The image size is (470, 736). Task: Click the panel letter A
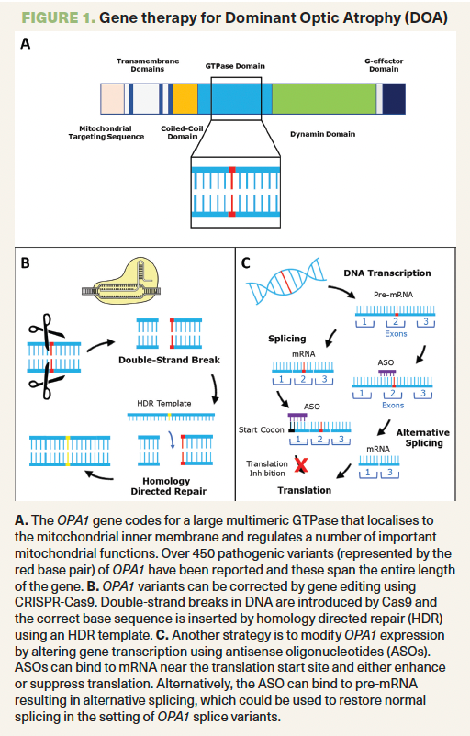[x=26, y=44]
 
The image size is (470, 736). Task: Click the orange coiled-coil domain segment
[x=185, y=98]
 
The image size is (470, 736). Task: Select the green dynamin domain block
[x=324, y=98]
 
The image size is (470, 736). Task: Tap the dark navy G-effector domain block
[x=394, y=98]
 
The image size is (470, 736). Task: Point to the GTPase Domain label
[x=235, y=66]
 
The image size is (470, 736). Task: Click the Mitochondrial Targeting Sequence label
[x=106, y=133]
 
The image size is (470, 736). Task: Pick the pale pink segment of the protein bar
[x=113, y=98]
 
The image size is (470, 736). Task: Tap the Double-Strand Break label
[x=169, y=360]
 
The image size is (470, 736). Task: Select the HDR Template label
[x=164, y=403]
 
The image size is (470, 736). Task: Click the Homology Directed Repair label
[x=169, y=486]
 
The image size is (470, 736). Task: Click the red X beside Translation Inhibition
[x=301, y=464]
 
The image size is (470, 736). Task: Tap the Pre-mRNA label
[x=394, y=295]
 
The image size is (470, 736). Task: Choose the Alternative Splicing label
[x=423, y=438]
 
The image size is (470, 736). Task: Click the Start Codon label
[x=261, y=430]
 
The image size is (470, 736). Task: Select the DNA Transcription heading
[x=387, y=273]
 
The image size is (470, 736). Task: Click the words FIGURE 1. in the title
[x=59, y=17]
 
